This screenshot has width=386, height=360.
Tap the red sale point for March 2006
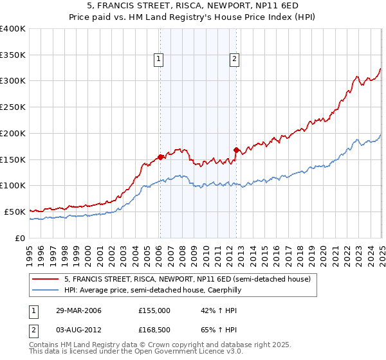[x=160, y=156]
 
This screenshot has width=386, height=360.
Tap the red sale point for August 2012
[x=236, y=150]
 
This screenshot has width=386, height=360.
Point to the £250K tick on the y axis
[x=13, y=107]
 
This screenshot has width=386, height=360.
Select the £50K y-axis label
[x=15, y=212]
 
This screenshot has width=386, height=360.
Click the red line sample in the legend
[x=46, y=279]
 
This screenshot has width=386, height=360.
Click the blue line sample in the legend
[x=46, y=290]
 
